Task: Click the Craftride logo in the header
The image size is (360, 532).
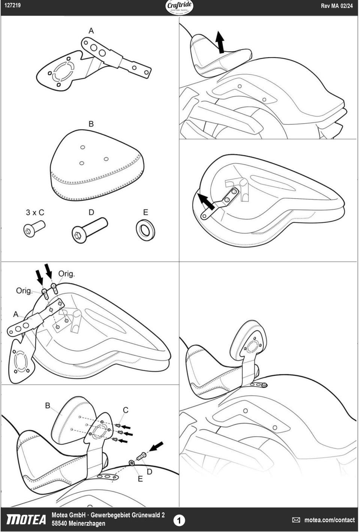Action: pyautogui.click(x=179, y=7)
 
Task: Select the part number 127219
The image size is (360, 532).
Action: pyautogui.click(x=12, y=5)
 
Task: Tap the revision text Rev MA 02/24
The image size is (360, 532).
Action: pyautogui.click(x=337, y=6)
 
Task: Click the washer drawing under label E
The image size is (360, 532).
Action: pyautogui.click(x=145, y=230)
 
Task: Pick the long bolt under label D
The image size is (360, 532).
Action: pyautogui.click(x=90, y=230)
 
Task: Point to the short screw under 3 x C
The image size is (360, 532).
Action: pyautogui.click(x=34, y=229)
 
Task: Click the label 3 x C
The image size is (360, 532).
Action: pyautogui.click(x=35, y=212)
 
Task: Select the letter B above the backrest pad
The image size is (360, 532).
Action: pyautogui.click(x=91, y=124)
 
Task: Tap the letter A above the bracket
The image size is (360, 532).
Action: pyautogui.click(x=91, y=31)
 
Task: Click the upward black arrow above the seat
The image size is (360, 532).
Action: pyautogui.click(x=220, y=42)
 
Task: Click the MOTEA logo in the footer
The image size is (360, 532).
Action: pyautogui.click(x=26, y=520)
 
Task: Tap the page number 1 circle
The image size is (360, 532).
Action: pyautogui.click(x=179, y=520)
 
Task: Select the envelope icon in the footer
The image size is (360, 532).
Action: pyautogui.click(x=296, y=520)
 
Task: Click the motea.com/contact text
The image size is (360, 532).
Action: pyautogui.click(x=330, y=520)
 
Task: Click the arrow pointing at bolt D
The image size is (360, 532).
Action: pyautogui.click(x=156, y=446)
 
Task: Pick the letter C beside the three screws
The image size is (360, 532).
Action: pyautogui.click(x=126, y=410)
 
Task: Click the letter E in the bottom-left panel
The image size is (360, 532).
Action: pyautogui.click(x=140, y=479)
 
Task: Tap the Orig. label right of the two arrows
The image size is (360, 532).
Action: pyautogui.click(x=67, y=274)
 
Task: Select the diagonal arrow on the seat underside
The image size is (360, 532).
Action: pyautogui.click(x=206, y=202)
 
